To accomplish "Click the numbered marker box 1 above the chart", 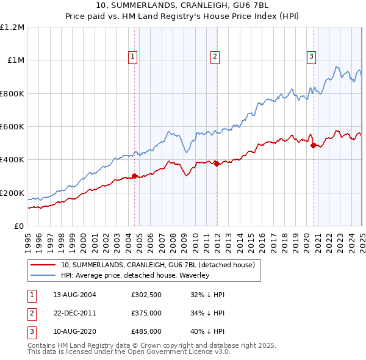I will coord(133,57).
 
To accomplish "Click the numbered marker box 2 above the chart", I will coord(215,57).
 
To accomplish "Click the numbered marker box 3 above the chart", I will coord(311,57).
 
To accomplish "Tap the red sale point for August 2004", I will coord(135,176).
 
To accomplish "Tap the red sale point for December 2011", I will coord(217,164).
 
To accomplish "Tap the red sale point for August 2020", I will coord(313,145).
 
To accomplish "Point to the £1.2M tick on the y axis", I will coord(12,27).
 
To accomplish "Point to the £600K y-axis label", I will coord(12,127).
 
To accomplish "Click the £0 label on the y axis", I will coord(19,226).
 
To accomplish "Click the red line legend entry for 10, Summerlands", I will coord(161,265).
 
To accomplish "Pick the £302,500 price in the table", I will coord(146,294).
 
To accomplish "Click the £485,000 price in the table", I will coord(146,332).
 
